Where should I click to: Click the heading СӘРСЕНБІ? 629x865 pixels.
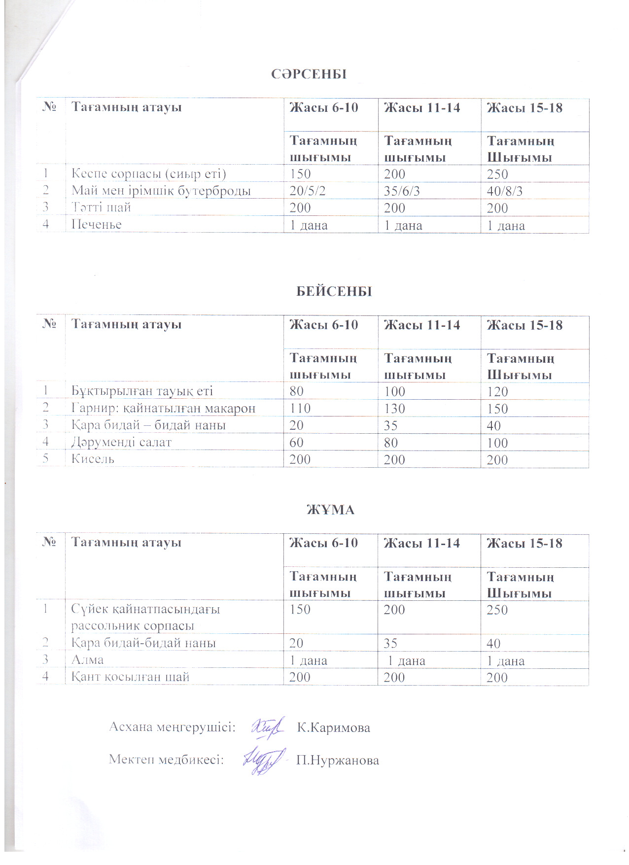309,74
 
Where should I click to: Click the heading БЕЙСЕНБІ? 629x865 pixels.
334,291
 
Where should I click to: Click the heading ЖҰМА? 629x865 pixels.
331,509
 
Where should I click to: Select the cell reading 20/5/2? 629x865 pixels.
308,191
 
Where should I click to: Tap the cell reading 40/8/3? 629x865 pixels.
504,191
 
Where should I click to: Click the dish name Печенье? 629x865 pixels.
97,225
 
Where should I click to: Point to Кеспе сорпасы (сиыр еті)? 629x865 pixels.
148,174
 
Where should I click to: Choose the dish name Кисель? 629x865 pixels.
93,459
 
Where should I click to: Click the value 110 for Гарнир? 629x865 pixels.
300,409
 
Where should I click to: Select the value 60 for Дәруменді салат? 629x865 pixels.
296,443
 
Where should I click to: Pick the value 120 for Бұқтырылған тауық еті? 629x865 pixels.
497,392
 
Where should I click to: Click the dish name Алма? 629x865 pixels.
87,660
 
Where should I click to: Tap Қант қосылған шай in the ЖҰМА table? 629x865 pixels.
130,677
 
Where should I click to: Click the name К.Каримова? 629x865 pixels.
333,728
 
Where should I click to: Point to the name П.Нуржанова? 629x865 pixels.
337,761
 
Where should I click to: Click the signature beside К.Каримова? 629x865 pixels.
268,727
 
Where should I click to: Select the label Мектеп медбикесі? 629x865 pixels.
166,760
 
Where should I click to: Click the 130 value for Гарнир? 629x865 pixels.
394,409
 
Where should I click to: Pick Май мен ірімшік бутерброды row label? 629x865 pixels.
161,191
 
